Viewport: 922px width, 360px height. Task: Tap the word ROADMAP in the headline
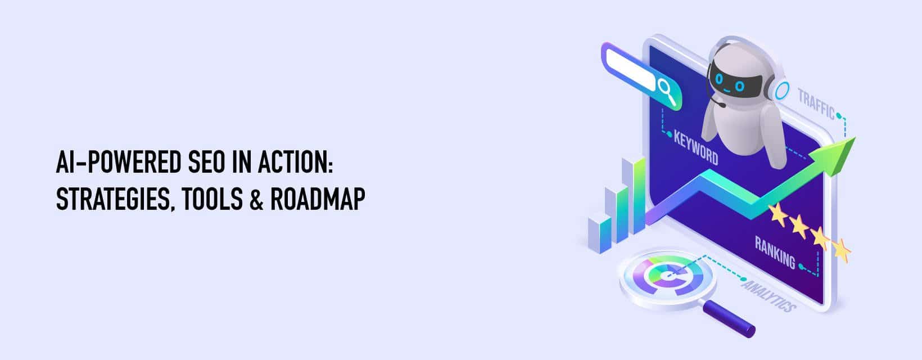(x=317, y=199)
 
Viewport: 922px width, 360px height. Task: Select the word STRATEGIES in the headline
(x=112, y=200)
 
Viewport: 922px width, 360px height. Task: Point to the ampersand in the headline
(x=256, y=199)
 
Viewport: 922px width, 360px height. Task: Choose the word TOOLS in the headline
(x=212, y=199)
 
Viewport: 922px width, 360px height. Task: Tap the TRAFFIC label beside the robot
(x=816, y=103)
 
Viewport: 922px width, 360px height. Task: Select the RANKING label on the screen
(x=775, y=252)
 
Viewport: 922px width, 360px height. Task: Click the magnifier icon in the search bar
(x=666, y=92)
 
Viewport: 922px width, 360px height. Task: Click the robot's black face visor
(x=729, y=82)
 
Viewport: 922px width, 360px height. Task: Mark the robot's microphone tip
(x=722, y=105)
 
